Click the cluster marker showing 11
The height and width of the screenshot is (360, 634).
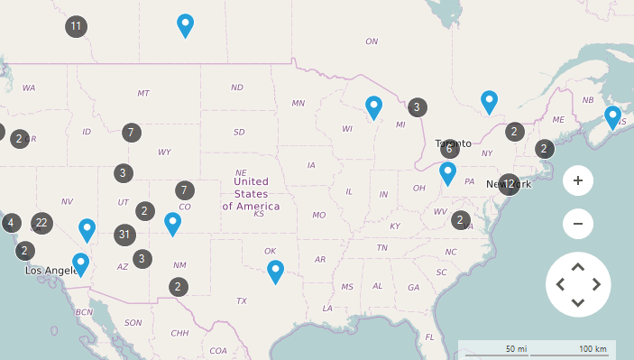pos(77,26)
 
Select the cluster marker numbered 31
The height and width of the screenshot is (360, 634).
pos(125,235)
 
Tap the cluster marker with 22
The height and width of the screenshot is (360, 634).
pos(41,223)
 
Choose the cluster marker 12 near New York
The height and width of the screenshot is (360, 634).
pos(509,185)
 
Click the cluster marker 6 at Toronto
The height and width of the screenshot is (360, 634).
pos(449,149)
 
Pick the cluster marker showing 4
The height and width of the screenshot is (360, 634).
pos(11,223)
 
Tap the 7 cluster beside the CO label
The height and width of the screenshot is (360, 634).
pos(184,190)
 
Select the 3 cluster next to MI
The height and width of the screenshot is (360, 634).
pos(417,107)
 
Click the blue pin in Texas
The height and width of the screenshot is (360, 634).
pos(275,271)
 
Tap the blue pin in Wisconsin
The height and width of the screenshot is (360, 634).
pos(373,107)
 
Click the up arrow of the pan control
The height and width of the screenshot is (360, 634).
pos(578,266)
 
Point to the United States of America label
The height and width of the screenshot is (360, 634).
pos(251,194)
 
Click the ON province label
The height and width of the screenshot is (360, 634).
pos(372,42)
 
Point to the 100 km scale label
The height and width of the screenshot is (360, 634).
pos(593,348)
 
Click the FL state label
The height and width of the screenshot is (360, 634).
pos(430,337)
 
